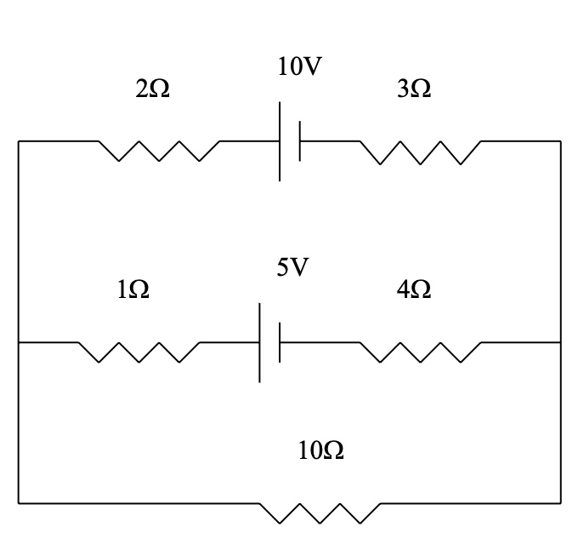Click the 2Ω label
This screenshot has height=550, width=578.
point(152,89)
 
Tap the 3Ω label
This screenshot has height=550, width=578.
point(414,89)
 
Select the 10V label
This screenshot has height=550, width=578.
point(300,67)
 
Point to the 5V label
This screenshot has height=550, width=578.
point(292,268)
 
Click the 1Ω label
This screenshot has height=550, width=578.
point(133,290)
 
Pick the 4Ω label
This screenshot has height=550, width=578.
point(414,290)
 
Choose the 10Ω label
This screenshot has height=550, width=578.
point(321,451)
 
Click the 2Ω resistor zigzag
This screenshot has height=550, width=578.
point(159,151)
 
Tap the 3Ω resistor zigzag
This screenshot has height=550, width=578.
point(420,152)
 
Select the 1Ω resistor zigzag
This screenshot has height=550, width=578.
point(139,352)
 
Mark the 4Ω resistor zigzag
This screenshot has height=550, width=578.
point(420,352)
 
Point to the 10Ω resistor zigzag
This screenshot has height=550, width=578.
point(320,513)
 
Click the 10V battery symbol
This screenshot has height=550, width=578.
point(290,141)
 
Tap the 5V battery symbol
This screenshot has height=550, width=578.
point(269,342)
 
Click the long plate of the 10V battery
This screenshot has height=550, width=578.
point(280,141)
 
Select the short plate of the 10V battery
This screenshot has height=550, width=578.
point(300,141)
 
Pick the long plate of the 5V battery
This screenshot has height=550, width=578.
point(260,342)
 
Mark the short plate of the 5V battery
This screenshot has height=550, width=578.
point(280,342)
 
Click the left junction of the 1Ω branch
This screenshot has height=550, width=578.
point(19,342)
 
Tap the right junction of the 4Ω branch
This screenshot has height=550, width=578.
point(560,342)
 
